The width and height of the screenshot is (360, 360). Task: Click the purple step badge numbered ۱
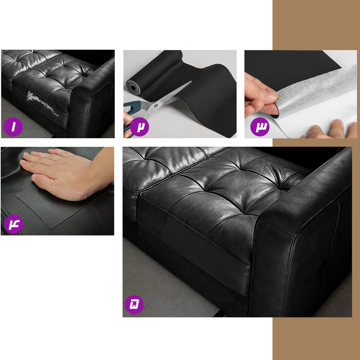[13, 127]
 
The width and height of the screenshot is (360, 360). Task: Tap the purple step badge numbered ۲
[139, 127]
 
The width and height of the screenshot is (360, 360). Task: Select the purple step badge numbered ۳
[260, 127]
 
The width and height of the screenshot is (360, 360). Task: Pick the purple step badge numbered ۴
[13, 224]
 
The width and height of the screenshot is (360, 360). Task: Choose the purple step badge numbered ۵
[134, 305]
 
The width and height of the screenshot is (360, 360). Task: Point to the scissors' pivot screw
[156, 106]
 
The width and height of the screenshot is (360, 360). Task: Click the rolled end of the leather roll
[133, 87]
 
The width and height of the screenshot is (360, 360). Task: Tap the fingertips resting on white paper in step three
[331, 129]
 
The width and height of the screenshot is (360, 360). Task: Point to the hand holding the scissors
[128, 124]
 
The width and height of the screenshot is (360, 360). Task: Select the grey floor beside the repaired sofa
[165, 283]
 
